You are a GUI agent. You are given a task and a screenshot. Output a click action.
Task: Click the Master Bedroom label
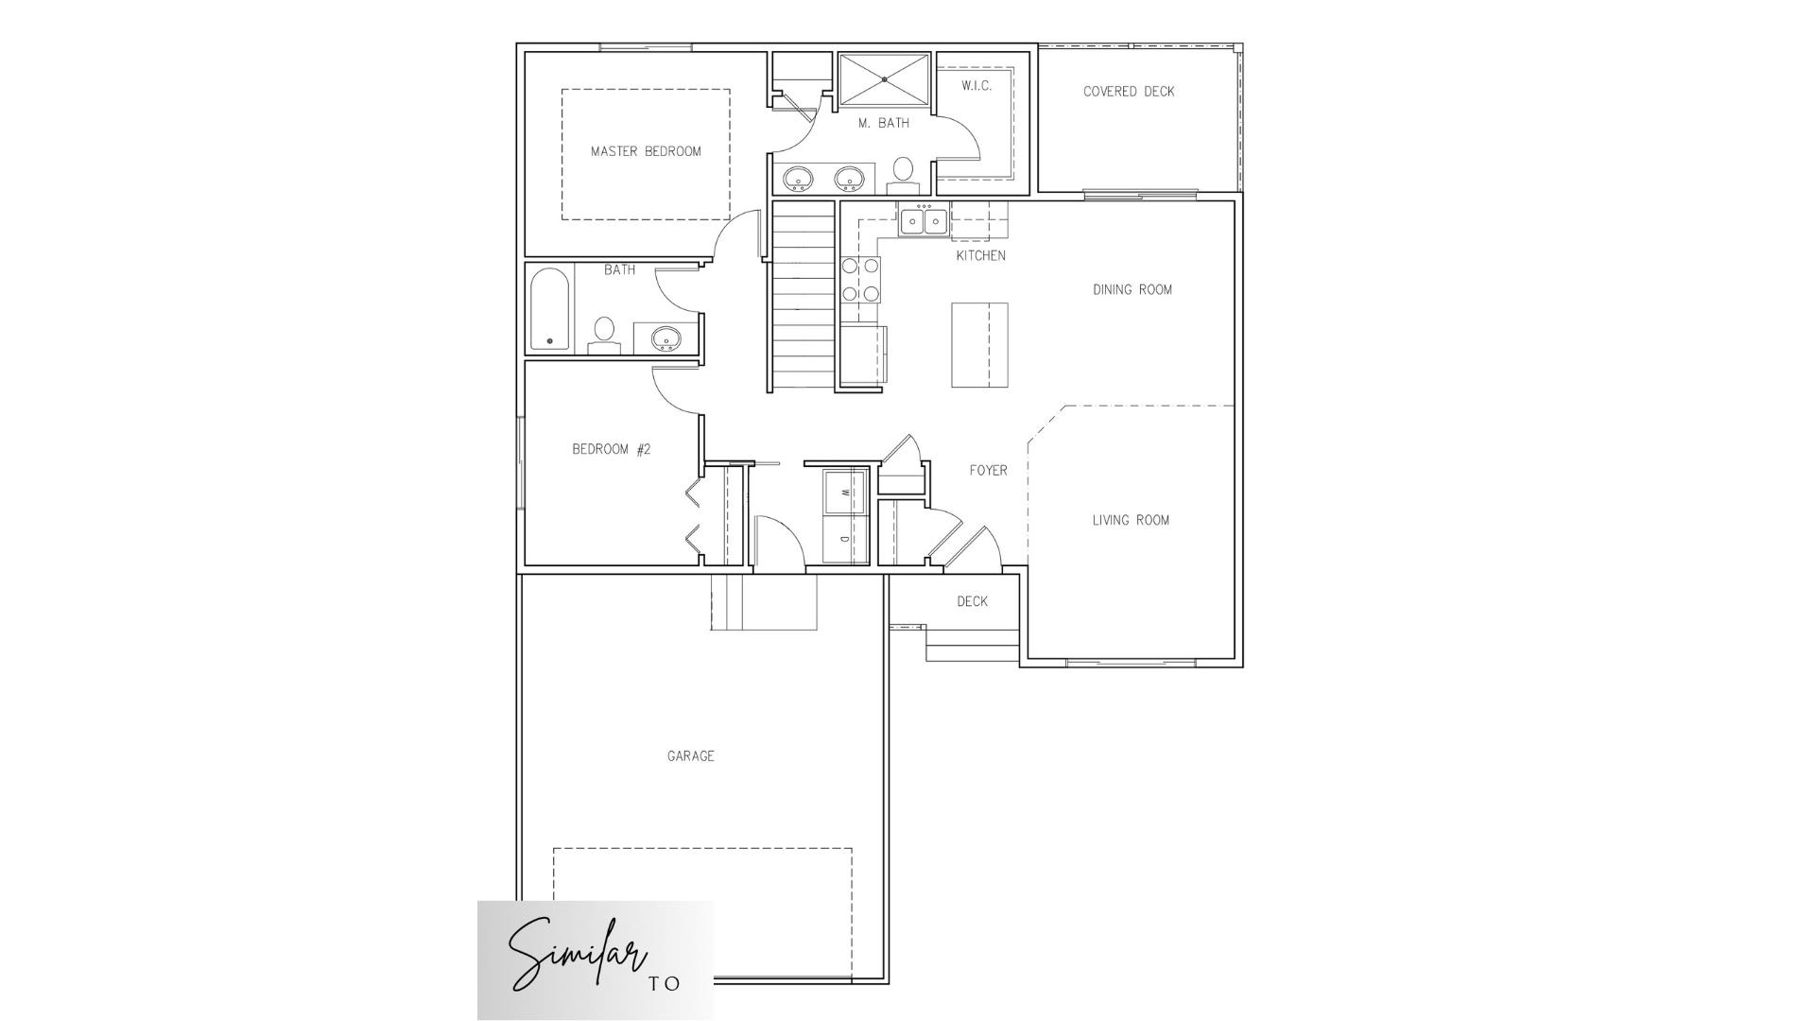[x=646, y=151]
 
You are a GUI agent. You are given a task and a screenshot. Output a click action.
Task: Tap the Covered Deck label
[x=1129, y=92]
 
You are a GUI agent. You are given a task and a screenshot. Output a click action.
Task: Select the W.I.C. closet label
[x=977, y=86]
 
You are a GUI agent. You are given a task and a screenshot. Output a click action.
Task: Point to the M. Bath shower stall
[x=884, y=79]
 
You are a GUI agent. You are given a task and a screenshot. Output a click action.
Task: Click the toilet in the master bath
[x=903, y=174]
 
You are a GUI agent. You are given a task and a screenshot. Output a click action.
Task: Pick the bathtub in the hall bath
[x=549, y=309]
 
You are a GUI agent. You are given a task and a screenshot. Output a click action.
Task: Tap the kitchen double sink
[x=924, y=221]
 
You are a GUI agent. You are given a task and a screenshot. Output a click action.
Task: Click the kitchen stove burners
[x=860, y=280]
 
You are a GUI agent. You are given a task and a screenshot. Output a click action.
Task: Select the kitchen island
[x=979, y=345]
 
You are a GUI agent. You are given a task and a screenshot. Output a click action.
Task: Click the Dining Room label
[x=1132, y=290]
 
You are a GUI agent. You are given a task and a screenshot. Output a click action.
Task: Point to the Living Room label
[x=1131, y=520]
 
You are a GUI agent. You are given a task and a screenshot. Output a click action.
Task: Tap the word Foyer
[x=988, y=470]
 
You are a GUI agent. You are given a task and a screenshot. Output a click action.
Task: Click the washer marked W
[x=845, y=492]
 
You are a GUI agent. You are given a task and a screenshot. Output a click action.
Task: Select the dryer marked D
[x=845, y=540]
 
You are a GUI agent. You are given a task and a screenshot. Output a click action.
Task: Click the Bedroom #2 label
[x=611, y=449]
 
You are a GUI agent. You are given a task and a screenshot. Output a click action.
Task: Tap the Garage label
[x=690, y=756]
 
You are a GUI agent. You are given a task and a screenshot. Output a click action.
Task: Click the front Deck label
[x=972, y=601]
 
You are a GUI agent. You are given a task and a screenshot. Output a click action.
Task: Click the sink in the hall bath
[x=666, y=337]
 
